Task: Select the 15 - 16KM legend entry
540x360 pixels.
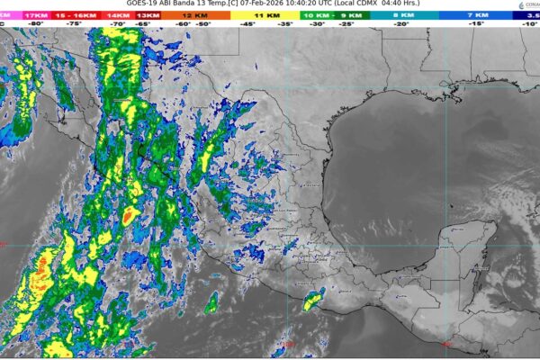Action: click(76, 16)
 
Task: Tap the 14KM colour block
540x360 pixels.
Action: click(116, 16)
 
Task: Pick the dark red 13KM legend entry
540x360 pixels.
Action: click(136, 16)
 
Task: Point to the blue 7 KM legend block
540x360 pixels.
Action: click(477, 16)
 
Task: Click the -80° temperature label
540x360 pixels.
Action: click(36, 25)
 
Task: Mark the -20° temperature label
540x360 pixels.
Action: click(400, 25)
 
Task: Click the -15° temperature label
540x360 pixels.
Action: click(476, 25)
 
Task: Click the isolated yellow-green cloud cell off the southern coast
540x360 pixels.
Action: click(312, 301)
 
